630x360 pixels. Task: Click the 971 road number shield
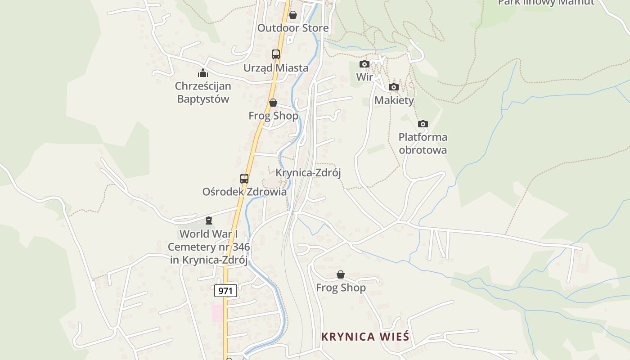click(225, 291)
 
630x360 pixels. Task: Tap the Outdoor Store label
click(293, 28)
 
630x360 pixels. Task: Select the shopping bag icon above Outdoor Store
click(293, 15)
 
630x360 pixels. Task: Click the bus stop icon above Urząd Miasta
click(276, 54)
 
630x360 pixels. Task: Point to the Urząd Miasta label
click(276, 68)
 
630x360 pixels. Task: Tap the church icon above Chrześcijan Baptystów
click(203, 72)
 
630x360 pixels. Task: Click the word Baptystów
click(203, 99)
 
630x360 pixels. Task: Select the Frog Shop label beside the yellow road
click(273, 116)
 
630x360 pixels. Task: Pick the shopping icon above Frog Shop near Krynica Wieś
click(341, 274)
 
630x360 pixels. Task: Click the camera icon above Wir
click(364, 64)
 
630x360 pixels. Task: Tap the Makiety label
click(394, 100)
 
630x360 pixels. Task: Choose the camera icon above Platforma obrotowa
click(423, 124)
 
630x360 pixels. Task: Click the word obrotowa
click(423, 150)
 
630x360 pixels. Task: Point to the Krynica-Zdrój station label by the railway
click(308, 173)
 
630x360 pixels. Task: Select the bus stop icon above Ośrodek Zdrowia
click(244, 178)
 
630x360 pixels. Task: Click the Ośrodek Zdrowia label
click(244, 192)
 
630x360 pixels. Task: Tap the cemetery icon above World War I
click(209, 220)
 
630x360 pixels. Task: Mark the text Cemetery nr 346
click(209, 247)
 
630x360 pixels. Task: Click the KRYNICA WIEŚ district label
click(365, 337)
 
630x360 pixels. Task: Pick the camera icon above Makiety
click(394, 87)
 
